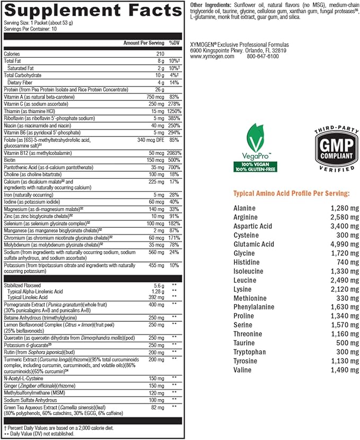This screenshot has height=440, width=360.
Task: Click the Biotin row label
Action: pyautogui.click(x=11, y=159)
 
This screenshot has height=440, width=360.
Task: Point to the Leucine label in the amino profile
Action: pyautogui.click(x=245, y=280)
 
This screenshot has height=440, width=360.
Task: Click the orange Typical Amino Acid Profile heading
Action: pyautogui.click(x=292, y=194)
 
